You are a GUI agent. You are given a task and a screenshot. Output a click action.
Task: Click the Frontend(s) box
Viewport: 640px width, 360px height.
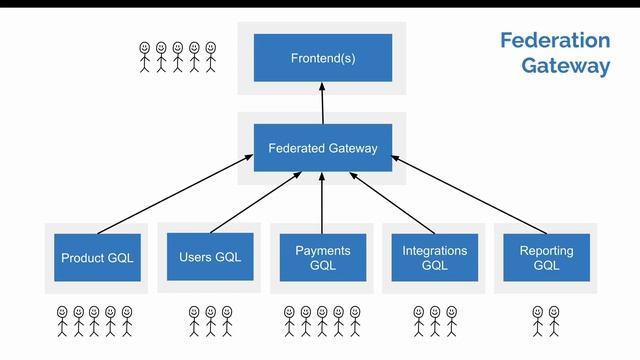(322, 58)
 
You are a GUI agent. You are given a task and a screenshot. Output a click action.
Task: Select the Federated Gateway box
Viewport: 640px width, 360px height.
(322, 148)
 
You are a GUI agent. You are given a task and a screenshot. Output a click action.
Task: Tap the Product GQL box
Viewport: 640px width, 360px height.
(97, 258)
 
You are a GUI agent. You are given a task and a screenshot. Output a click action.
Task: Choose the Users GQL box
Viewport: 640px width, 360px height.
(210, 257)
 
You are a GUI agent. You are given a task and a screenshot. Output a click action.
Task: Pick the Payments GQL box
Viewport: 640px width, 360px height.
(322, 258)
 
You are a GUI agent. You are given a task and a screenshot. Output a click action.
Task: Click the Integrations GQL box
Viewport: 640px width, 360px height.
(434, 258)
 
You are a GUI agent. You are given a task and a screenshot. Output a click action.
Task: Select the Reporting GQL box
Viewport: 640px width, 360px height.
(546, 258)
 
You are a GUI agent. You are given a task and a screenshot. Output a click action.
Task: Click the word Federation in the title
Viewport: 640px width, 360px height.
(554, 41)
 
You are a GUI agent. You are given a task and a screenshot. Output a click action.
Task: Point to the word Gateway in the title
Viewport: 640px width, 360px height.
(565, 67)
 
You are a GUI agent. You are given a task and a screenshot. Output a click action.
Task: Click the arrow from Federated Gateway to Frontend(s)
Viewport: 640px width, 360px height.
(322, 103)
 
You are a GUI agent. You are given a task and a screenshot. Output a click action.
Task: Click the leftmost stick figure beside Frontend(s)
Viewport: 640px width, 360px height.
(145, 56)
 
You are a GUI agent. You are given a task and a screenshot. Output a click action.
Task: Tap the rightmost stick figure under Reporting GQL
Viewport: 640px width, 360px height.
(554, 321)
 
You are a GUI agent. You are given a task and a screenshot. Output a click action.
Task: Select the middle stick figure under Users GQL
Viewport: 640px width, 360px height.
(210, 321)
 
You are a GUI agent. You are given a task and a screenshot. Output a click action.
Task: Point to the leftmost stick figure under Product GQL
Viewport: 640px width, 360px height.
(62, 321)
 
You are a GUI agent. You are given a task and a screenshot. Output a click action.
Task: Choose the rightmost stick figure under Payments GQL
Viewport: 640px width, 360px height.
(354, 321)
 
